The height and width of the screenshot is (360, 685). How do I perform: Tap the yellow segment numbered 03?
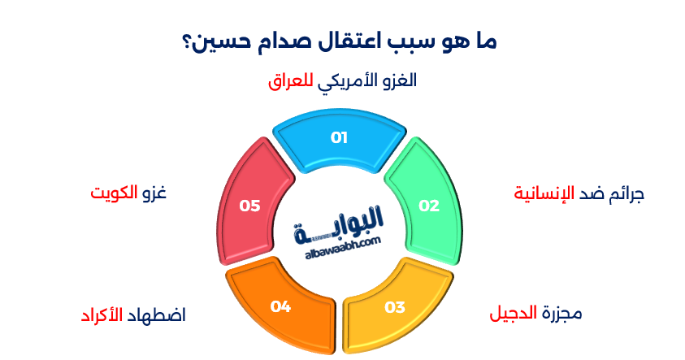point(394,306)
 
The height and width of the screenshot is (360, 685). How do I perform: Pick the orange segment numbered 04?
point(281,306)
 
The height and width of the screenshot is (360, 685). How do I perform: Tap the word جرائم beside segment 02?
point(626,194)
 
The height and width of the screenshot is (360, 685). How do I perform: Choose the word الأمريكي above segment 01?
point(349,81)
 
